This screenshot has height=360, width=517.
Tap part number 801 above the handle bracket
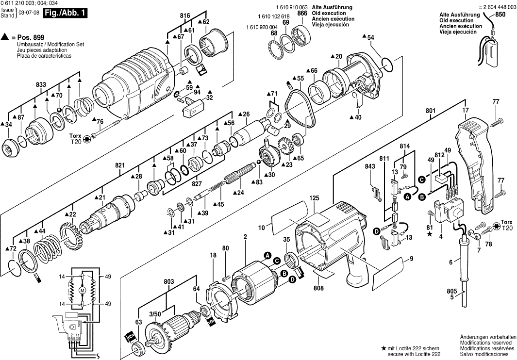click(430, 111)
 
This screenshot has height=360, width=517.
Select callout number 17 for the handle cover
click(466, 111)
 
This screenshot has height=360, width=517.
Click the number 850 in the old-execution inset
click(500, 16)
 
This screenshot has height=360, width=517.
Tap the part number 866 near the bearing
click(302, 14)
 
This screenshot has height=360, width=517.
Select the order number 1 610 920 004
click(262, 27)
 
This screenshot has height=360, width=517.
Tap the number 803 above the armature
click(169, 281)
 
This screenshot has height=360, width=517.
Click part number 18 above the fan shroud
click(213, 255)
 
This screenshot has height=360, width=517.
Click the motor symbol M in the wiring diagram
click(82, 290)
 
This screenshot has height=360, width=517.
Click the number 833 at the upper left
click(41, 85)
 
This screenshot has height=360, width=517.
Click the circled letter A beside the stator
click(267, 255)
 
